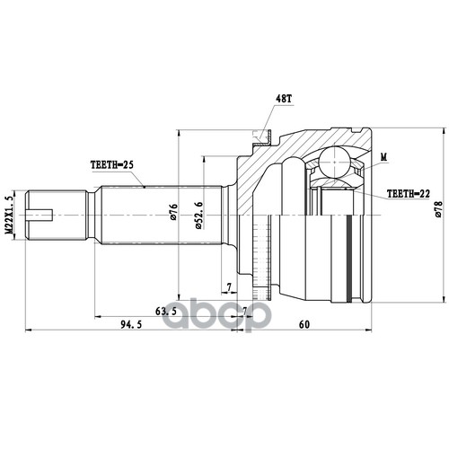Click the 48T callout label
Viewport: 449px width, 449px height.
[283, 99]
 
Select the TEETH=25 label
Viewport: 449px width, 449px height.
[112, 164]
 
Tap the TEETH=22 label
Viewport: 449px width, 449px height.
[409, 194]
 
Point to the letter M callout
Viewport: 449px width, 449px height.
[383, 156]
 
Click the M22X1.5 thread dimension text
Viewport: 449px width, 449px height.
[10, 215]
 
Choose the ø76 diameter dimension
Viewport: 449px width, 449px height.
[174, 212]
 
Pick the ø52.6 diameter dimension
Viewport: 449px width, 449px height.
[199, 216]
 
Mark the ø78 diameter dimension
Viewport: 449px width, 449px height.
[438, 208]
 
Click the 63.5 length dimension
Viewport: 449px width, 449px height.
[166, 312]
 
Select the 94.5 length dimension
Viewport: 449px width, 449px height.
[131, 324]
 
